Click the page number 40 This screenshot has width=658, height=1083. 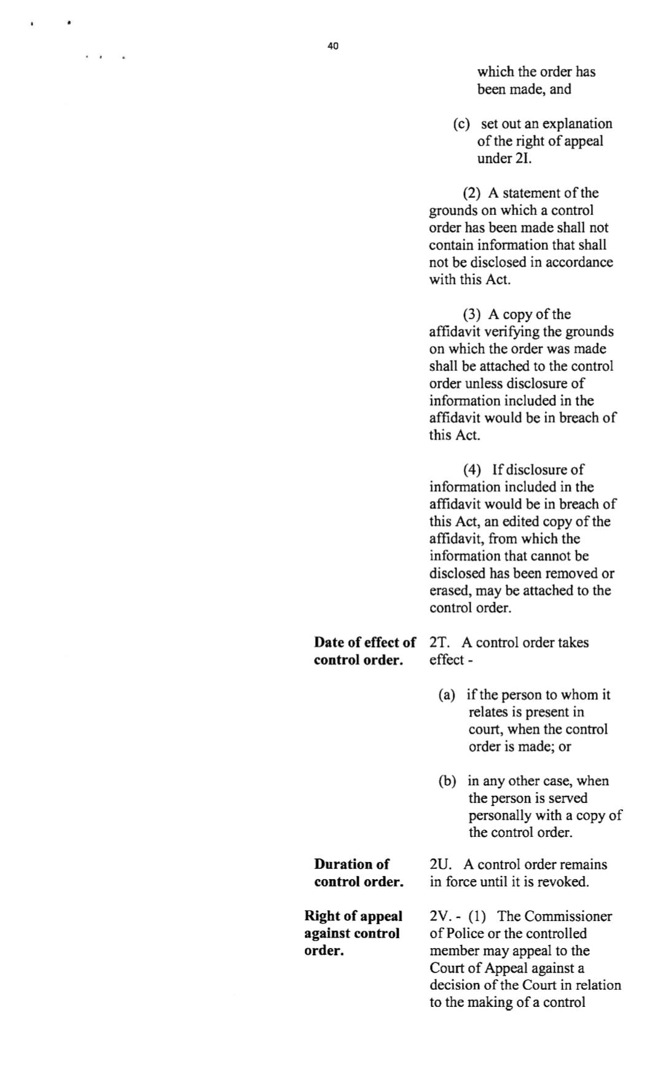point(332,46)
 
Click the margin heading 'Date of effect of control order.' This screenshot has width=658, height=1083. point(364,651)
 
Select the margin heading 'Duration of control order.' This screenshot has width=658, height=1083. point(359,873)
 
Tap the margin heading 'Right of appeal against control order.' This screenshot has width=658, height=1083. point(353,933)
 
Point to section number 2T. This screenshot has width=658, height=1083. point(439,643)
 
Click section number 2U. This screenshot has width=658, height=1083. point(440,864)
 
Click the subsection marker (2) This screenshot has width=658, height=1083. point(472,193)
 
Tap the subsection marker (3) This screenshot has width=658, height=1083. point(472,315)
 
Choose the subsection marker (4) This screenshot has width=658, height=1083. point(472,470)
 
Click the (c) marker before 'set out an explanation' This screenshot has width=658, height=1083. point(461,124)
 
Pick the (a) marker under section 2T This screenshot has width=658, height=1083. point(447,695)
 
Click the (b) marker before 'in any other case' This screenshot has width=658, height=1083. point(447,782)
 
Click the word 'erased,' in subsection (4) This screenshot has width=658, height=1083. point(450,591)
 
